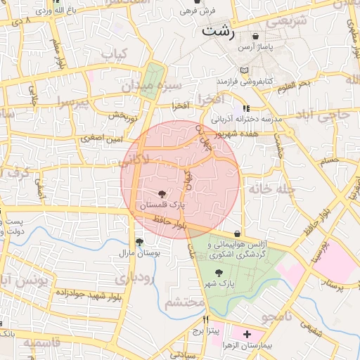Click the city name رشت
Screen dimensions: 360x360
[218, 31]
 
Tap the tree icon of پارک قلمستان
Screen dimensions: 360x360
[163, 193]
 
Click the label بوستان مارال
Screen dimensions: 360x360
[136, 252]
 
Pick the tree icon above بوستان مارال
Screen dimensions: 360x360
[139, 241]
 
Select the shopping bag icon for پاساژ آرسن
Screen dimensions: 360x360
[255, 36]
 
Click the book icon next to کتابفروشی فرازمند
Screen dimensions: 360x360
[244, 71]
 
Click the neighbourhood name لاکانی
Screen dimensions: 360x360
[135, 162]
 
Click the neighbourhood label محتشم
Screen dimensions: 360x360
[184, 303]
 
